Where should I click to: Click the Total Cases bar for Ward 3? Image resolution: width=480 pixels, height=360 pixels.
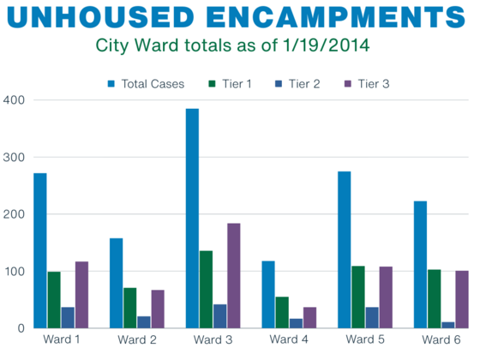(x=192, y=219)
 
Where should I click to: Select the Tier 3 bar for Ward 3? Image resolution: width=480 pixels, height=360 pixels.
(x=233, y=275)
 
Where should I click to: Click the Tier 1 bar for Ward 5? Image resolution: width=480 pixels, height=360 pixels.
(x=358, y=297)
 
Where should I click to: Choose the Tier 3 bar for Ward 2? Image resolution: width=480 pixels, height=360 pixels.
(x=158, y=309)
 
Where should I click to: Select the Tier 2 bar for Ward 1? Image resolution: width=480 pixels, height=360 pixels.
(x=68, y=317)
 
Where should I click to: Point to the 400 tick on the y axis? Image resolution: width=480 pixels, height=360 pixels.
(x=13, y=100)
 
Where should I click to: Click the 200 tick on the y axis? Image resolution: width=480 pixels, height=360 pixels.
(x=13, y=214)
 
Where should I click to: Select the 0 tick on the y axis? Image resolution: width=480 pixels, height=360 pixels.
(x=18, y=328)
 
